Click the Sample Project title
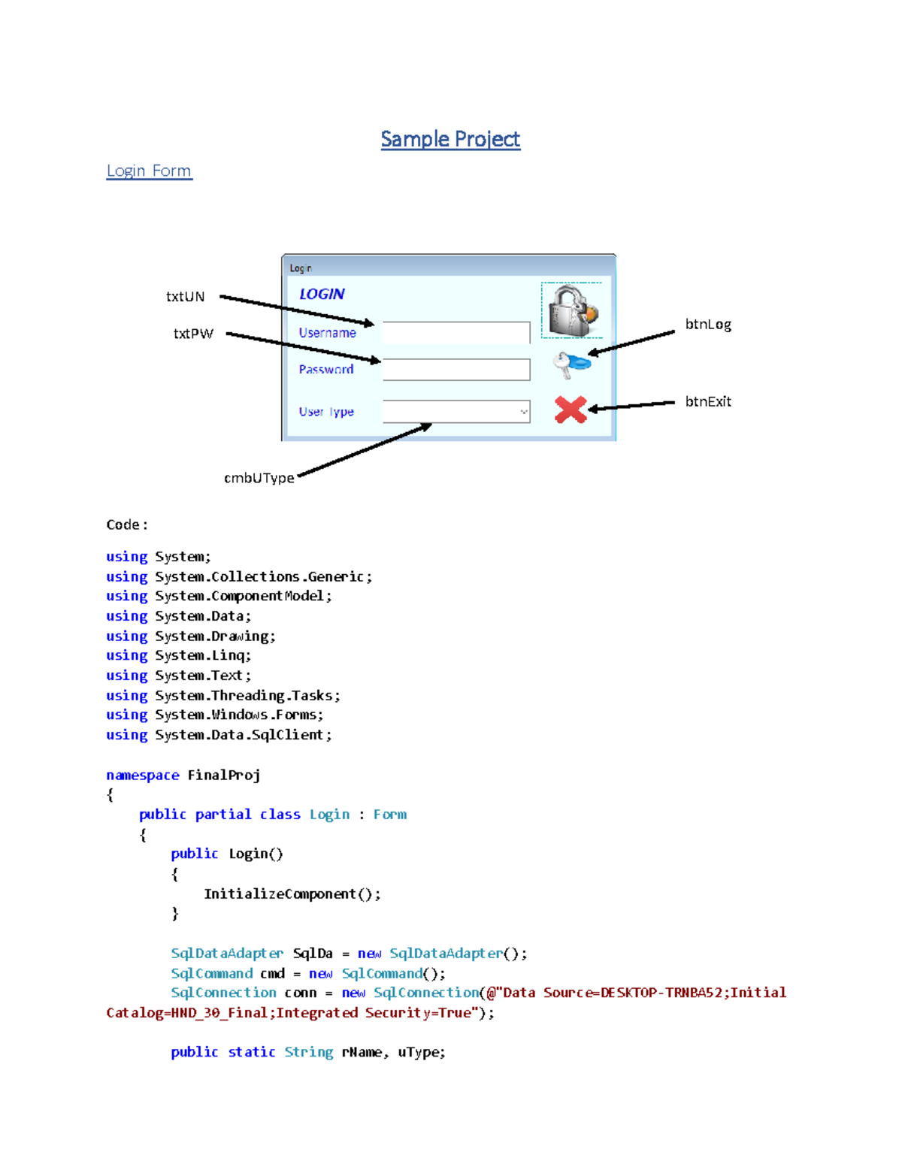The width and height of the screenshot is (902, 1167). click(x=450, y=139)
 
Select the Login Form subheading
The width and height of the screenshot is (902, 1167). click(x=149, y=171)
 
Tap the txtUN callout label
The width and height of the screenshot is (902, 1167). click(x=185, y=296)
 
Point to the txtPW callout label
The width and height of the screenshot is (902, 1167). click(x=193, y=334)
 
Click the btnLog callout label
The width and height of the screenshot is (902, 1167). click(x=707, y=324)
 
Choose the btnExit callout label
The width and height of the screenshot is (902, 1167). click(x=707, y=401)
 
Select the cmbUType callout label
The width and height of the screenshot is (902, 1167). click(x=259, y=478)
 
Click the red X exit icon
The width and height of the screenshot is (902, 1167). click(x=571, y=410)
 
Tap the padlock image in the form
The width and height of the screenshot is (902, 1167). click(x=572, y=310)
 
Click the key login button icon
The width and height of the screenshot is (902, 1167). click(x=571, y=364)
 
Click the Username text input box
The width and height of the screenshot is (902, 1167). click(x=456, y=332)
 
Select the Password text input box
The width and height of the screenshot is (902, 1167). click(x=456, y=369)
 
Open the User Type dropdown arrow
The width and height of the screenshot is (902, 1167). click(x=523, y=412)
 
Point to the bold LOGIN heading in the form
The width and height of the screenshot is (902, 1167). click(x=322, y=294)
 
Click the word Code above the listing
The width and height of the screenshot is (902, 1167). click(x=123, y=525)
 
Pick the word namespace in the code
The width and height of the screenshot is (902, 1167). click(x=143, y=775)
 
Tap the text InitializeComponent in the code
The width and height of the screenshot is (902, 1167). click(x=280, y=893)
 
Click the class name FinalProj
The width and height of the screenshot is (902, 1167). click(x=224, y=775)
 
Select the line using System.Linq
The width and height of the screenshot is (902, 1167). click(x=179, y=655)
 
